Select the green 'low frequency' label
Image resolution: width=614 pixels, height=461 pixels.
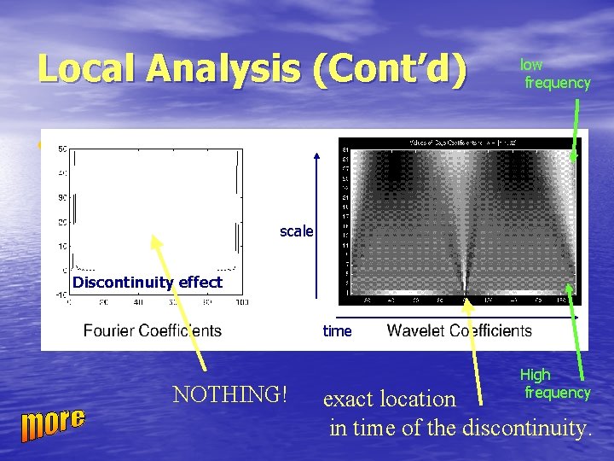(556, 74)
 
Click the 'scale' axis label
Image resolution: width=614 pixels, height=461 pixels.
(296, 231)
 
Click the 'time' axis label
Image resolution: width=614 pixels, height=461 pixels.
(337, 331)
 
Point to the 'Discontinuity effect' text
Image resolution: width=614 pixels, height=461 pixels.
(148, 283)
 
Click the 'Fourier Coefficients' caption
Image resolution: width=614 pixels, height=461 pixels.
(152, 330)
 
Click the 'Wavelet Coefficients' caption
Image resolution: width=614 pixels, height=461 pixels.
(459, 330)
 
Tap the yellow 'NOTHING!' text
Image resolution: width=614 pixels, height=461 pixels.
(229, 394)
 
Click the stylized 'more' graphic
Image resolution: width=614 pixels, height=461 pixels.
(54, 423)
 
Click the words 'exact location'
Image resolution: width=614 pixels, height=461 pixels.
(389, 399)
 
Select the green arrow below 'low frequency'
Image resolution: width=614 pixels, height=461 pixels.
(576, 128)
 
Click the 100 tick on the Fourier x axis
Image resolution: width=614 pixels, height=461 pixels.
(240, 302)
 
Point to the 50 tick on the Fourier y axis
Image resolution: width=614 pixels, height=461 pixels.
(62, 150)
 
